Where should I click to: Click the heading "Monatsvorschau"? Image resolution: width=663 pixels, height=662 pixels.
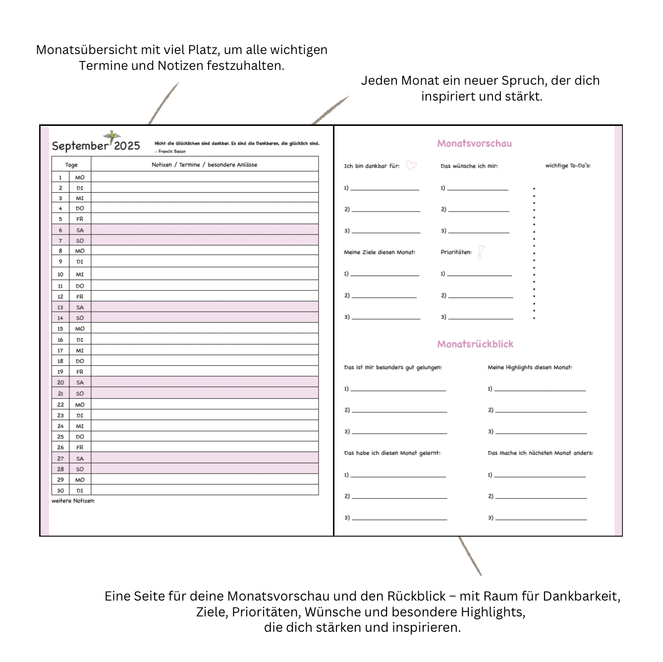pyautogui.click(x=474, y=144)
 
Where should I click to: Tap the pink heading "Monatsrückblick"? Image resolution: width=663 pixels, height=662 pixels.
pyautogui.click(x=475, y=344)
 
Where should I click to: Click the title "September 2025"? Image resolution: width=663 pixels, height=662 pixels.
pyautogui.click(x=96, y=146)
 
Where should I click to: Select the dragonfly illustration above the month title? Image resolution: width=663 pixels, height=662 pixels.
pyautogui.click(x=112, y=135)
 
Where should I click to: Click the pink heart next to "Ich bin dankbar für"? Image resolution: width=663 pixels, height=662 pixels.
pyautogui.click(x=411, y=165)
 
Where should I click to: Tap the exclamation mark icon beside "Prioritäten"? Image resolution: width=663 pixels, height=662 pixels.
pyautogui.click(x=481, y=252)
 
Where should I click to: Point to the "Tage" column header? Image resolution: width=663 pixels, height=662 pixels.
pyautogui.click(x=71, y=165)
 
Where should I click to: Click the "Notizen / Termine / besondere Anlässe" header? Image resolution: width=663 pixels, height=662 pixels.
pyautogui.click(x=204, y=165)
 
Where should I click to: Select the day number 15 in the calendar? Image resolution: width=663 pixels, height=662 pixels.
pyautogui.click(x=60, y=329)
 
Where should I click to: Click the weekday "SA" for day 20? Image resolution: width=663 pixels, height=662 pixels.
pyautogui.click(x=80, y=383)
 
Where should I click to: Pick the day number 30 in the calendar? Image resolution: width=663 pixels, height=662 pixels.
pyautogui.click(x=60, y=491)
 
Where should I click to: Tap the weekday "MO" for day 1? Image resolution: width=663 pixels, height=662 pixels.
pyautogui.click(x=80, y=177)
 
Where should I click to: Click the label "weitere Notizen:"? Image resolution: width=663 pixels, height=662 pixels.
pyautogui.click(x=73, y=501)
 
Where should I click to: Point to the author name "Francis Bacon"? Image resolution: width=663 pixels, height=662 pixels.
pyautogui.click(x=171, y=152)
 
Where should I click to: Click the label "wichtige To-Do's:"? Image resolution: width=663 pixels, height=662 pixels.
pyautogui.click(x=568, y=165)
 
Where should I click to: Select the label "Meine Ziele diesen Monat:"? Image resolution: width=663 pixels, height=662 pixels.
pyautogui.click(x=380, y=252)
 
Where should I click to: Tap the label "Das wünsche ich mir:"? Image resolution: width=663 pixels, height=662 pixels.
pyautogui.click(x=469, y=166)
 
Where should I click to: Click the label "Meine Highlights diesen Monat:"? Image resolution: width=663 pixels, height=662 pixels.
pyautogui.click(x=530, y=367)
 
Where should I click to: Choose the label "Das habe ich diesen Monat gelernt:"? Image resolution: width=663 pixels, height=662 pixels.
pyautogui.click(x=392, y=453)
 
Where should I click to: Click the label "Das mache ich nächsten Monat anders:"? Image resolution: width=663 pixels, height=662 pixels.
pyautogui.click(x=540, y=453)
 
